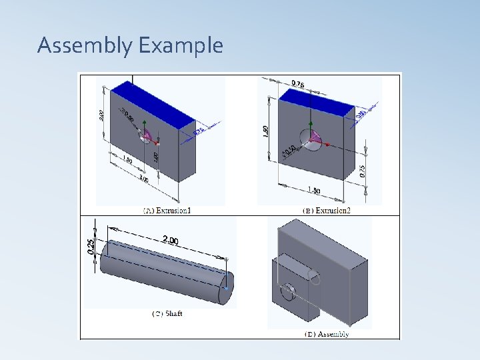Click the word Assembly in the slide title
point(85,46)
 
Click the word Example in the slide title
point(181,46)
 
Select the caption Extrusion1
point(172,211)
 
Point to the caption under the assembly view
point(327,333)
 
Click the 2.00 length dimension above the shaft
point(170,240)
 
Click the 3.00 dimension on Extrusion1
point(143,179)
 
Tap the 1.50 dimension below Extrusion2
point(313,191)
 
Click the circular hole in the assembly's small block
point(288,293)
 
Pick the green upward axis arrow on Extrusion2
point(310,125)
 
